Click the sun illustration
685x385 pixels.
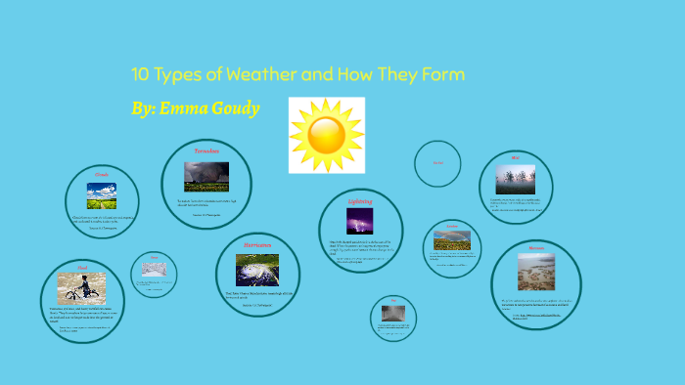click(327, 135)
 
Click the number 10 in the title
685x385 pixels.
click(141, 75)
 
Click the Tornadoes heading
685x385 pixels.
click(206, 152)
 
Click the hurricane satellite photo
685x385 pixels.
click(257, 270)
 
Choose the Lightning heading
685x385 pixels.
click(361, 201)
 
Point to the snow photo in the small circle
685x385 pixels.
click(154, 267)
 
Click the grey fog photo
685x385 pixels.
click(394, 314)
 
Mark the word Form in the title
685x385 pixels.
click(439, 75)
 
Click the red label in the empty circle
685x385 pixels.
click(437, 163)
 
